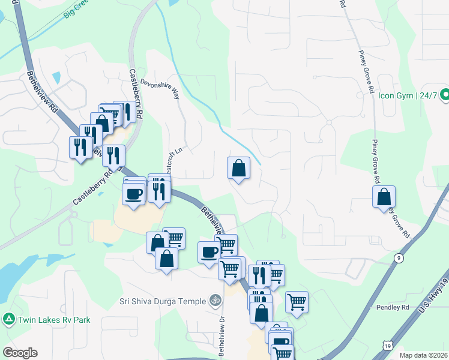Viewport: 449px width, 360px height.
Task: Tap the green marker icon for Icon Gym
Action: coord(445,95)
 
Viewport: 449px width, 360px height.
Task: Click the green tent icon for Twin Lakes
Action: coord(8,320)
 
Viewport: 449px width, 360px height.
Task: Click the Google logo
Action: coord(20,353)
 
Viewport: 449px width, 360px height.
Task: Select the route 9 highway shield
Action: coord(398,258)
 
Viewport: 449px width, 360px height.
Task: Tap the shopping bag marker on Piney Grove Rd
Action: coord(384,197)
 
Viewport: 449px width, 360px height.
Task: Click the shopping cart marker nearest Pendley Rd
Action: coord(297,302)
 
